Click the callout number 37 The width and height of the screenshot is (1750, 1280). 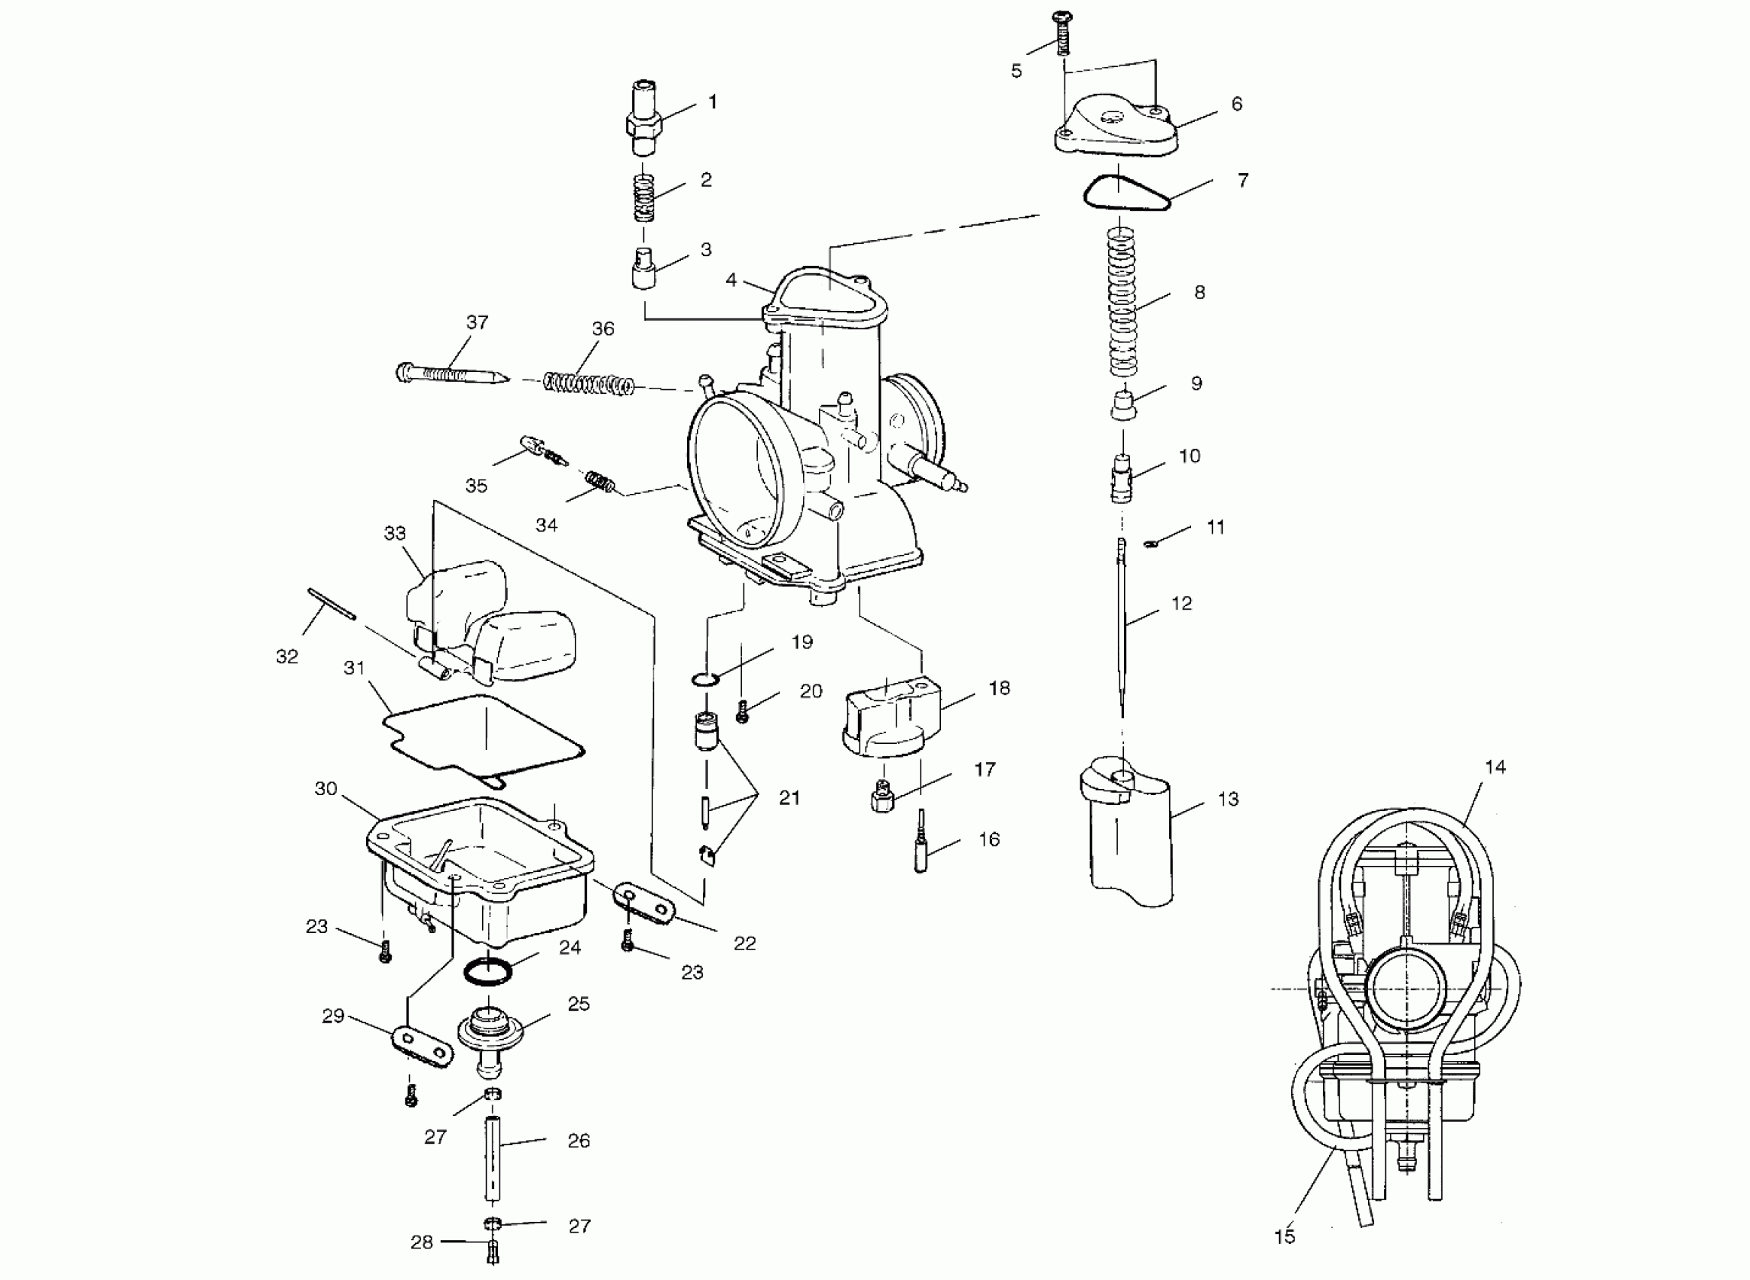coord(478,322)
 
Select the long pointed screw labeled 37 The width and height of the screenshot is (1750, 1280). coord(450,374)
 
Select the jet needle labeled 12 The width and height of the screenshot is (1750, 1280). coord(1122,628)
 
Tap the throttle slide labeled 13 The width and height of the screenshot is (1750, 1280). coord(1128,837)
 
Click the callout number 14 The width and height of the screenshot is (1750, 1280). coord(1495,767)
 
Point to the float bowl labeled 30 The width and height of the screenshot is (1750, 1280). coord(481,868)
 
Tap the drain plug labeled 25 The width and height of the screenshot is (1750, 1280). coord(490,1035)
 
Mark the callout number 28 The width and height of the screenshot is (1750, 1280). coord(422,1242)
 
